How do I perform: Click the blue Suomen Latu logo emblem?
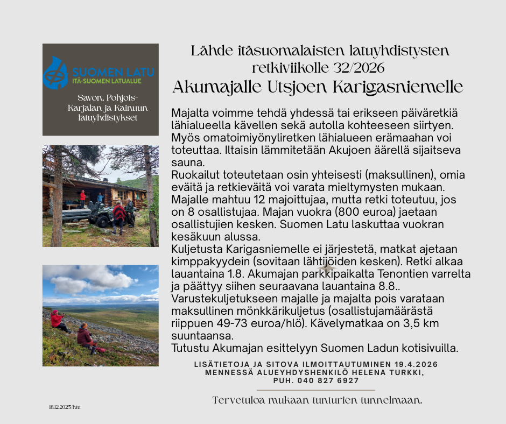56,72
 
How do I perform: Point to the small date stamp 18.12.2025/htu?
64,407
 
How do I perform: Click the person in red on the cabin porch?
82,197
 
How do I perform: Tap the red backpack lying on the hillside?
101,348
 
